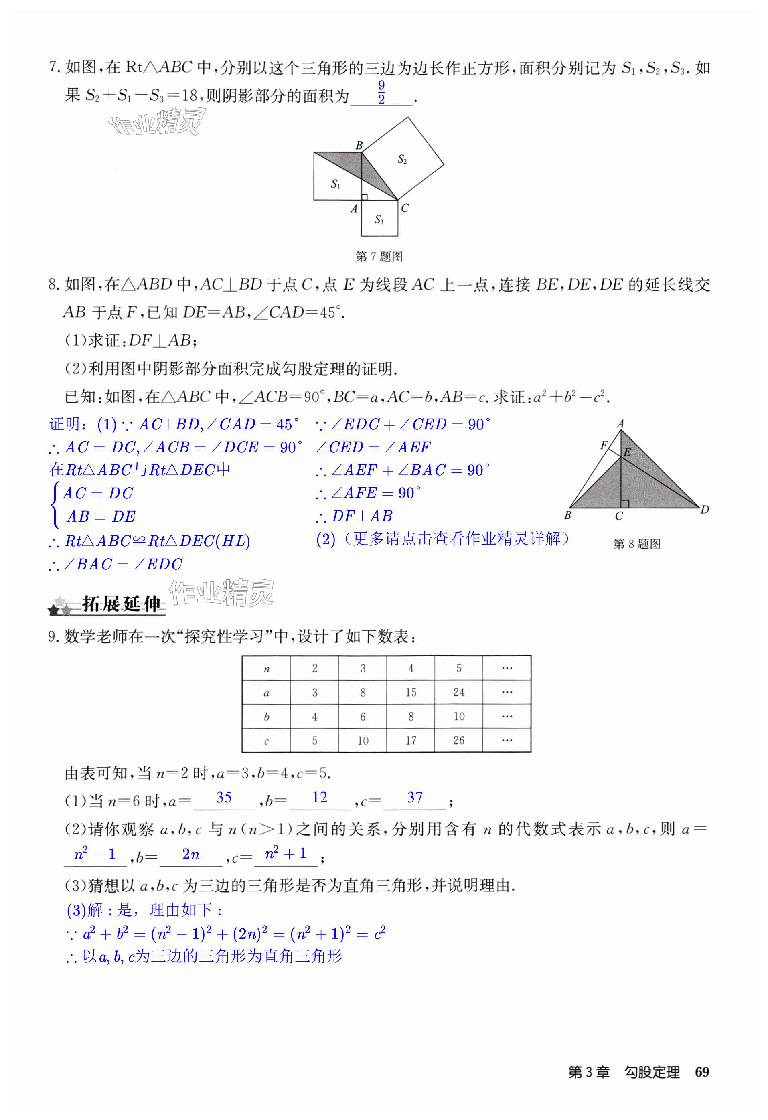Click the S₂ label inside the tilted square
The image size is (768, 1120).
click(402, 159)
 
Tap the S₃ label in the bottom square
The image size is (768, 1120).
click(379, 220)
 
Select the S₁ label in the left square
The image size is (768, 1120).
click(336, 184)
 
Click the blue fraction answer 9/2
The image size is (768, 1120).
click(381, 93)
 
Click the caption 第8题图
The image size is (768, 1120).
click(636, 544)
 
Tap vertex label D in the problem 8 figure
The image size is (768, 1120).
click(705, 509)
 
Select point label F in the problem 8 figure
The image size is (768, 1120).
click(603, 445)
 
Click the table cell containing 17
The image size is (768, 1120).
click(411, 740)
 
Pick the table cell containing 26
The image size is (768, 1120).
click(458, 740)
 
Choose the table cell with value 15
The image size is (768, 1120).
click(411, 692)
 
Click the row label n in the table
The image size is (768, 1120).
click(266, 669)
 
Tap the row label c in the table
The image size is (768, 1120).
click(266, 741)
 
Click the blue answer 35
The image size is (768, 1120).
click(224, 797)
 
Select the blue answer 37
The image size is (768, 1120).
click(415, 797)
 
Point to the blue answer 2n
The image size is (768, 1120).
click(191, 855)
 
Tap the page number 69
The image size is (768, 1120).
click(702, 1072)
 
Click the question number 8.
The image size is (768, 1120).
click(53, 285)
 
